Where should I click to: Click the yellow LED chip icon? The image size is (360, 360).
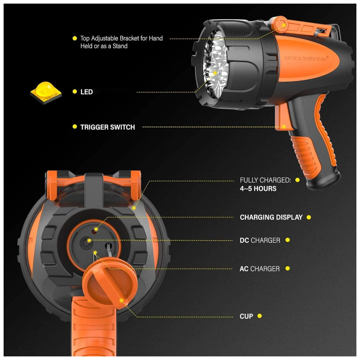click(46, 92)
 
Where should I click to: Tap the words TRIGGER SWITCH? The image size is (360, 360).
click(107, 127)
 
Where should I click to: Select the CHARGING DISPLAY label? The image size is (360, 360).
click(271, 217)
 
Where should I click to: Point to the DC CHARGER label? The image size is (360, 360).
click(260, 240)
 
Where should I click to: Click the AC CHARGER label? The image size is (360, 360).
click(260, 269)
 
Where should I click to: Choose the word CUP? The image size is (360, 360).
click(246, 316)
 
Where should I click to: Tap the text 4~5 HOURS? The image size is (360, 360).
click(258, 189)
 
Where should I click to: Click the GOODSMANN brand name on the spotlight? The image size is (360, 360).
click(306, 59)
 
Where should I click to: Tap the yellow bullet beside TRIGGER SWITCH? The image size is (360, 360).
click(75, 127)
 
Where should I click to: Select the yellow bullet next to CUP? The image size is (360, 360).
click(260, 316)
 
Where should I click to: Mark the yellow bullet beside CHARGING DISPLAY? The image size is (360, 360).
click(309, 217)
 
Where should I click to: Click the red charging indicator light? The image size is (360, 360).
click(94, 231)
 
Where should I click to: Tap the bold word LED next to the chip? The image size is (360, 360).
click(86, 92)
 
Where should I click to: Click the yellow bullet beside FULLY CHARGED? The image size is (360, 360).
click(298, 180)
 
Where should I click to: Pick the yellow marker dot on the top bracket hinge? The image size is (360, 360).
click(284, 25)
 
